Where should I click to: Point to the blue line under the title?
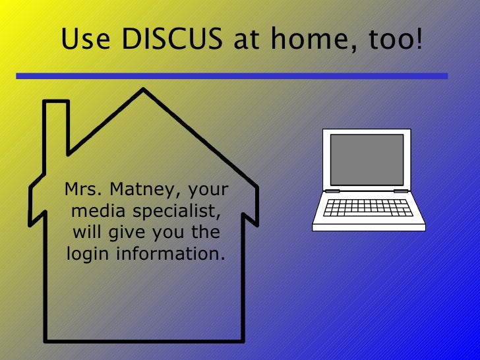point(231,76)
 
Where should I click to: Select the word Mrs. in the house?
point(83,191)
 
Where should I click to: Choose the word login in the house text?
point(86,254)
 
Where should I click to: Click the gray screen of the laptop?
point(367,160)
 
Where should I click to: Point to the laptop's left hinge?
point(332,191)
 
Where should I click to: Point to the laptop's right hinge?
point(401,191)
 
